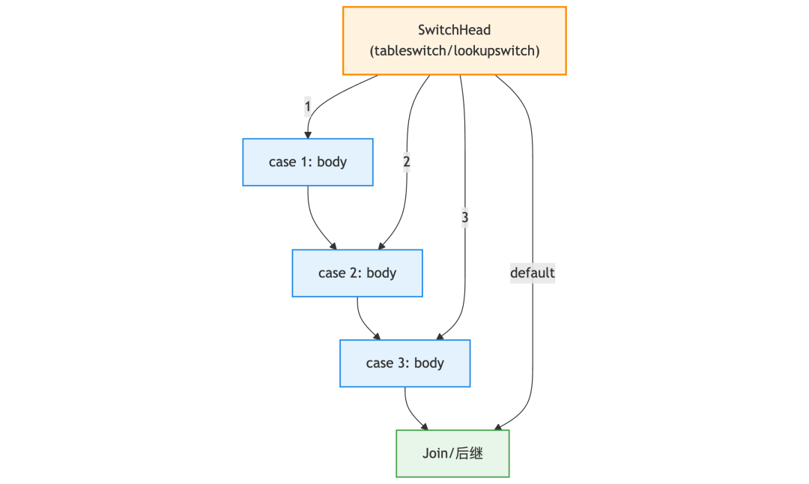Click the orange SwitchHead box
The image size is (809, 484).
(x=455, y=40)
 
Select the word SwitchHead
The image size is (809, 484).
(x=455, y=30)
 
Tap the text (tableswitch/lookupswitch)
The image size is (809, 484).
(x=455, y=51)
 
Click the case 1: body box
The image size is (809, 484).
(x=308, y=162)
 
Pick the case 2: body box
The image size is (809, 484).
(x=357, y=273)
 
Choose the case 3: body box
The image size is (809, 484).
(x=405, y=363)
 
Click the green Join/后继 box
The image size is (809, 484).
(x=453, y=453)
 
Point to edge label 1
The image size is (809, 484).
(x=308, y=107)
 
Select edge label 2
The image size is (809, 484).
(x=407, y=162)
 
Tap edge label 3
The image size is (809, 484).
(x=465, y=218)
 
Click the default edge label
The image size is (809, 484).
(x=533, y=273)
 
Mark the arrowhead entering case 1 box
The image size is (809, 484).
(x=308, y=135)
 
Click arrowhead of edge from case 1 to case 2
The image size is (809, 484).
(x=333, y=246)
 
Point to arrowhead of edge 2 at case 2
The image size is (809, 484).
(x=381, y=246)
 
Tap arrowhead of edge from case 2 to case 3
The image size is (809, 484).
(x=377, y=336)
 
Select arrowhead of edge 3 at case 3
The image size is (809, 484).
(x=440, y=336)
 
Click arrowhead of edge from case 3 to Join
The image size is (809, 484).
(x=425, y=427)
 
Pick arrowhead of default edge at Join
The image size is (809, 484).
(x=498, y=427)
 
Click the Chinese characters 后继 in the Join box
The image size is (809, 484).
(x=470, y=453)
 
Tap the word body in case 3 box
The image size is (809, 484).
(x=429, y=363)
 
